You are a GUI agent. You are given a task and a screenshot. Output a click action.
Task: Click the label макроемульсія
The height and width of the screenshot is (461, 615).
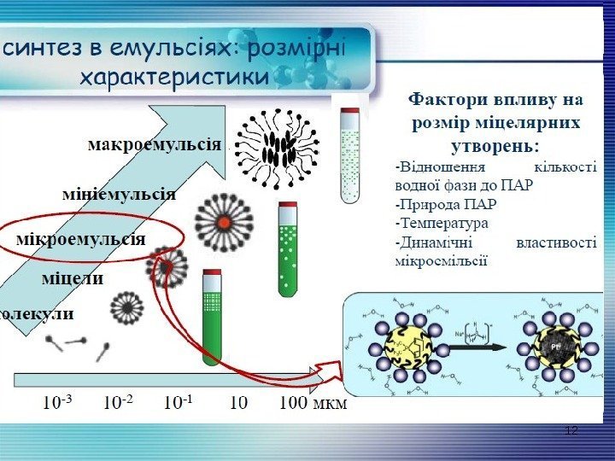(x=153, y=144)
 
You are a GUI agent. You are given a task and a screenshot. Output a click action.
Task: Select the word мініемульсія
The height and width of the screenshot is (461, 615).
(x=119, y=193)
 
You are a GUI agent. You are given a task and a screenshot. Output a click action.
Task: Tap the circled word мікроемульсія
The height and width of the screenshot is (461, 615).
(x=81, y=238)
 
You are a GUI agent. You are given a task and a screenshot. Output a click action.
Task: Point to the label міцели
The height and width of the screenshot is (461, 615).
(x=73, y=277)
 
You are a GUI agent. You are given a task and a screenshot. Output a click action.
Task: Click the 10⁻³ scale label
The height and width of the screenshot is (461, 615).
(x=58, y=401)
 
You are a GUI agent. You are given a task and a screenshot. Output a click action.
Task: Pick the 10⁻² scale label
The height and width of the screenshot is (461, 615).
(x=119, y=401)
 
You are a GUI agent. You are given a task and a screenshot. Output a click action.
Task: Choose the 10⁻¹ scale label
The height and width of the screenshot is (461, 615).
(x=179, y=401)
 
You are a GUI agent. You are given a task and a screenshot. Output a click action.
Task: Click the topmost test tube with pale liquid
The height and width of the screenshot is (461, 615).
(x=350, y=155)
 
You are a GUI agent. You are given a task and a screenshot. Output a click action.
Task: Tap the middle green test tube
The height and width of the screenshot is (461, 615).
(x=288, y=248)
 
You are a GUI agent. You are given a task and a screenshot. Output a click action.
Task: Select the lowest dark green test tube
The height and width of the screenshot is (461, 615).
(x=211, y=316)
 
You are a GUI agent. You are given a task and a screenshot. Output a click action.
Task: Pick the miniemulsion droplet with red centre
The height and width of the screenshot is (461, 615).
(x=222, y=222)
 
